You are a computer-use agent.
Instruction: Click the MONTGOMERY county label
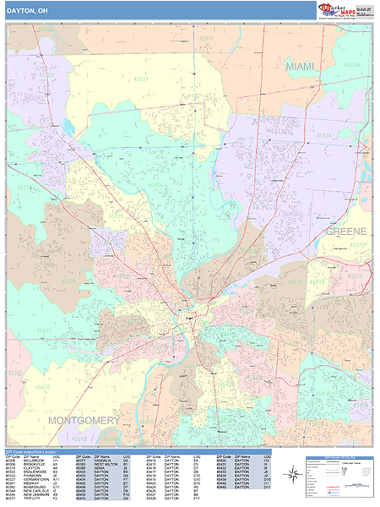(x=84, y=420)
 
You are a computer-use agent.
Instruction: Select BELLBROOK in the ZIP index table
(x=33, y=461)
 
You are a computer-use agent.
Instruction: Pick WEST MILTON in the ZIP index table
(x=106, y=464)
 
